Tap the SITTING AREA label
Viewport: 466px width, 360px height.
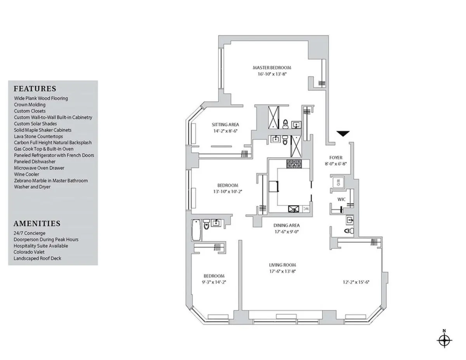pyautogui.click(x=225, y=125)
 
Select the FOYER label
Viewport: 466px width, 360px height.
pyautogui.click(x=336, y=157)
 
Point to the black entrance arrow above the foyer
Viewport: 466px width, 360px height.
pyautogui.click(x=343, y=134)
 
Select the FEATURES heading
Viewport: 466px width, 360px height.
pyautogui.click(x=35, y=88)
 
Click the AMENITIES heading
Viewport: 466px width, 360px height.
pyautogui.click(x=37, y=223)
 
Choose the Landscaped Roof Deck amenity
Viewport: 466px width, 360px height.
pyautogui.click(x=37, y=258)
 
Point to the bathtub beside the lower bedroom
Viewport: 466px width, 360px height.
pyautogui.click(x=196, y=230)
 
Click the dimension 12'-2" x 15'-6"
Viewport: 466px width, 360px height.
pyautogui.click(x=353, y=282)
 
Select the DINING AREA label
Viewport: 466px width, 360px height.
pyautogui.click(x=287, y=225)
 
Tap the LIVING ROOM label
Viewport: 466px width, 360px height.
pyautogui.click(x=283, y=265)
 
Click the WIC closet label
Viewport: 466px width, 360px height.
pyautogui.click(x=341, y=199)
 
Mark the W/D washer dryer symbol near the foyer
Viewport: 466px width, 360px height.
pyautogui.click(x=337, y=182)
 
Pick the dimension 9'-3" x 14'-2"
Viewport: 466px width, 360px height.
pyautogui.click(x=214, y=282)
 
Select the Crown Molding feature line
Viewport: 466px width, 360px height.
pyautogui.click(x=30, y=105)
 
